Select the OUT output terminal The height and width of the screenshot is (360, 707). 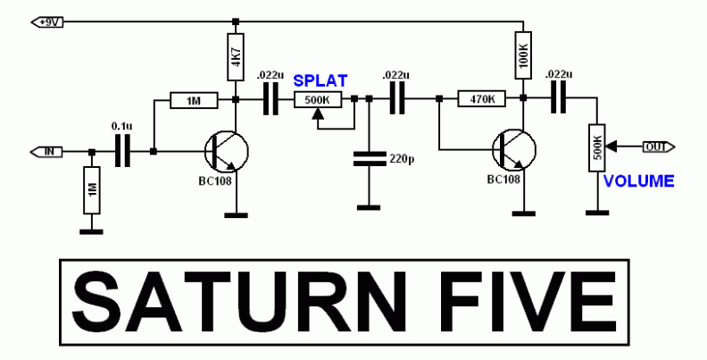click(x=661, y=146)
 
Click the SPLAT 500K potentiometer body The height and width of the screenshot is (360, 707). click(x=318, y=100)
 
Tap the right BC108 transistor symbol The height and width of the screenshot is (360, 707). click(x=512, y=149)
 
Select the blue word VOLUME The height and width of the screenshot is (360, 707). click(x=638, y=181)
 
